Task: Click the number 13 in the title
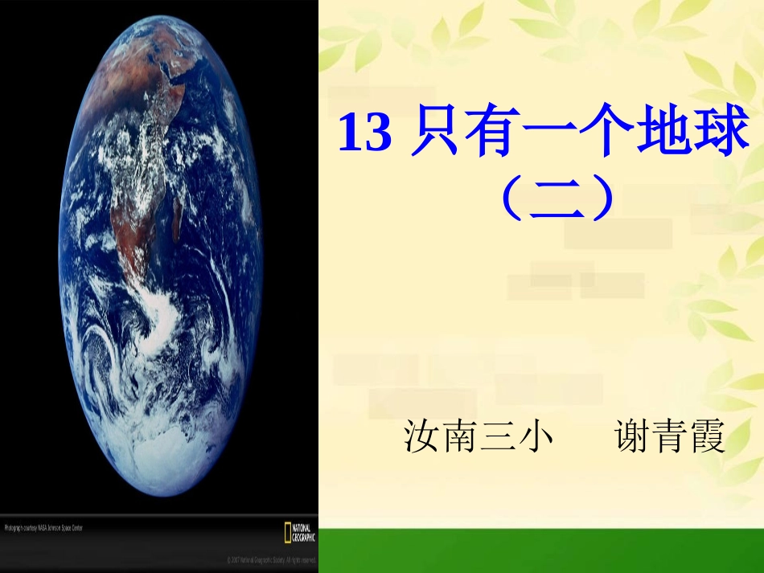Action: [364, 133]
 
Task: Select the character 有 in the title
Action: [500, 133]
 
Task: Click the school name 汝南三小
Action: [479, 438]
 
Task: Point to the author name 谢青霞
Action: [669, 438]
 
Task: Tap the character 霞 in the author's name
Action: [708, 438]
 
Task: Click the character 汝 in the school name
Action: [422, 438]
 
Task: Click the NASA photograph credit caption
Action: [43, 528]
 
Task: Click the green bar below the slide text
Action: [540, 550]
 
